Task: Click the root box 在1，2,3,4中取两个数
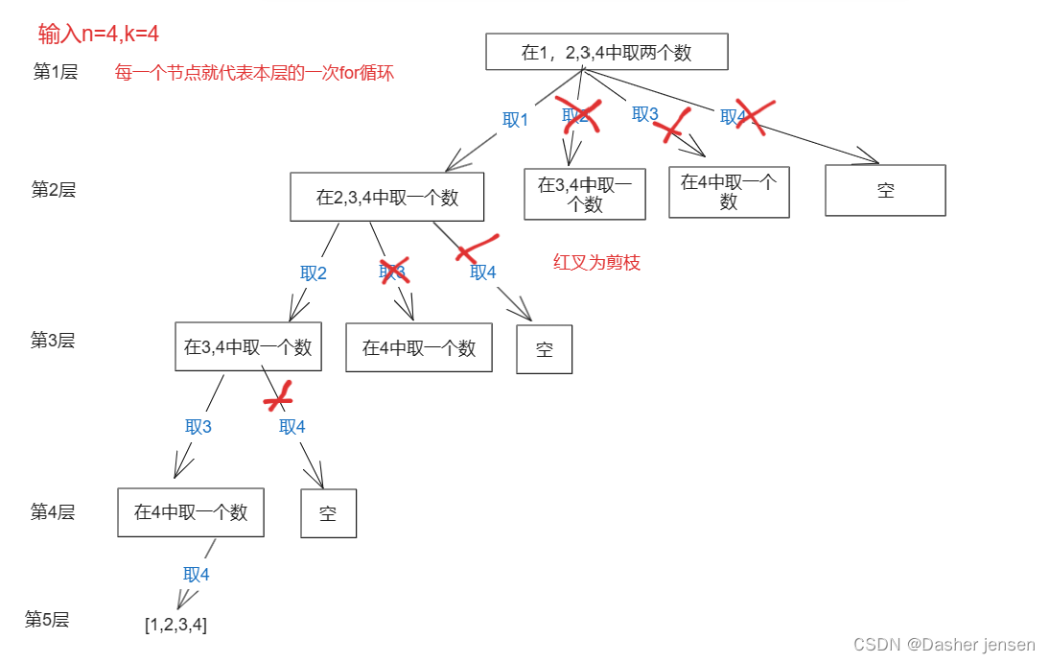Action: pyautogui.click(x=606, y=53)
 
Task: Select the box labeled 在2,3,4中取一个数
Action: pyautogui.click(x=386, y=198)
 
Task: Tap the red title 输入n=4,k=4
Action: pyautogui.click(x=99, y=35)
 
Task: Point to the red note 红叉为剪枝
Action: pyautogui.click(x=596, y=263)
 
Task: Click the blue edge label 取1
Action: pyautogui.click(x=516, y=120)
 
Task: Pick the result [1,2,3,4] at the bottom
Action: pyautogui.click(x=175, y=625)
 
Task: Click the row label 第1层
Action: pyautogui.click(x=55, y=72)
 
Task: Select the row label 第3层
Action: pyautogui.click(x=53, y=340)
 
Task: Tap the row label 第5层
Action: pyautogui.click(x=47, y=619)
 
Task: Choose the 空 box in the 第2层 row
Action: pyautogui.click(x=885, y=190)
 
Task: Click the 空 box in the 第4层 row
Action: pyautogui.click(x=328, y=513)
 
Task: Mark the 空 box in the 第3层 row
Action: pyautogui.click(x=544, y=349)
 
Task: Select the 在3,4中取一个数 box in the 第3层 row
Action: pyautogui.click(x=247, y=347)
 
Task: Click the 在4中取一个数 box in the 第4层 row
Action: pyautogui.click(x=191, y=512)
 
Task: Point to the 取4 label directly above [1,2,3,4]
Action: pyautogui.click(x=197, y=575)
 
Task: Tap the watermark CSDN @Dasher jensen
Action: pyautogui.click(x=944, y=645)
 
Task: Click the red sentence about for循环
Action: pyautogui.click(x=254, y=73)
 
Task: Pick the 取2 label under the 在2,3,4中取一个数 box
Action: pyautogui.click(x=314, y=273)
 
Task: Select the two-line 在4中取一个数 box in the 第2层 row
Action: pyautogui.click(x=729, y=192)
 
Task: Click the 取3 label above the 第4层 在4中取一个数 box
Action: pyautogui.click(x=198, y=427)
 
